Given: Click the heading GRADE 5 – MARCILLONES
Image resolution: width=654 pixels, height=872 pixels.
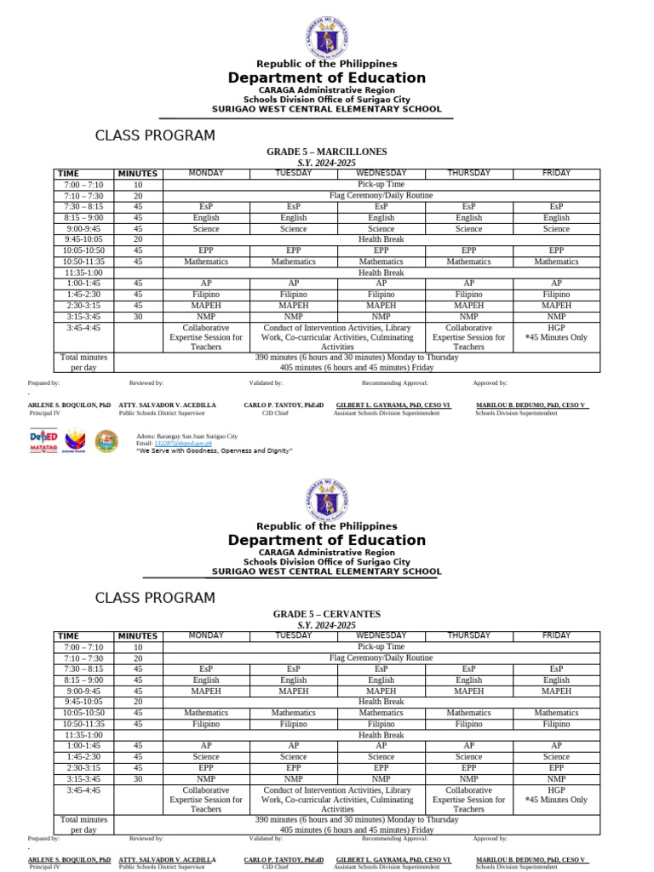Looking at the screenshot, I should [x=326, y=152].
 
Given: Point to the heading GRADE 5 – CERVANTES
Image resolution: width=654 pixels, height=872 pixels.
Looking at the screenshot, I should [x=326, y=614].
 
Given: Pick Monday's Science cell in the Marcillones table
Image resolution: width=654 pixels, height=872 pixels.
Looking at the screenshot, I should [x=205, y=229].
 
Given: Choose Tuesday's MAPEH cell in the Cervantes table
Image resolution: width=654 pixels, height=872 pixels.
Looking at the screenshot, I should [x=293, y=691].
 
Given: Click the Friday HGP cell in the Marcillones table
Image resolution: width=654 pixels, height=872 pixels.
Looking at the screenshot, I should [x=556, y=333].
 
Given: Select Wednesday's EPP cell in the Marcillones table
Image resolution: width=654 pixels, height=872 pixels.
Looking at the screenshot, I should [x=381, y=251].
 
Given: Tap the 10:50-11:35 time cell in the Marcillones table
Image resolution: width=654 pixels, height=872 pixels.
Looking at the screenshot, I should [x=83, y=262].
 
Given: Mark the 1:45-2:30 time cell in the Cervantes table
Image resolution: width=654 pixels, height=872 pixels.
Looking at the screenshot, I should [x=83, y=757].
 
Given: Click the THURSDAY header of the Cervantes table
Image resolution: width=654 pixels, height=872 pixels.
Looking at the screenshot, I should [x=468, y=636].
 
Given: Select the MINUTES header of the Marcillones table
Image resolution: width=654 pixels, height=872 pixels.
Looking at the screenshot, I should [x=138, y=174].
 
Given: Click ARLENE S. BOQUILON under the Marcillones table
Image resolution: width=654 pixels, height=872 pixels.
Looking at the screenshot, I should [x=70, y=405].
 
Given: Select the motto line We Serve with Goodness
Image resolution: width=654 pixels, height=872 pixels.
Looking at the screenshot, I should [x=214, y=450].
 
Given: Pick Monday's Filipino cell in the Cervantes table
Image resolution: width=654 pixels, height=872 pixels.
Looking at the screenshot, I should [x=205, y=725].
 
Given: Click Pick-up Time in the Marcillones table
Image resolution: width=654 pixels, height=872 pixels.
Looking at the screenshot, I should [x=381, y=185].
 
